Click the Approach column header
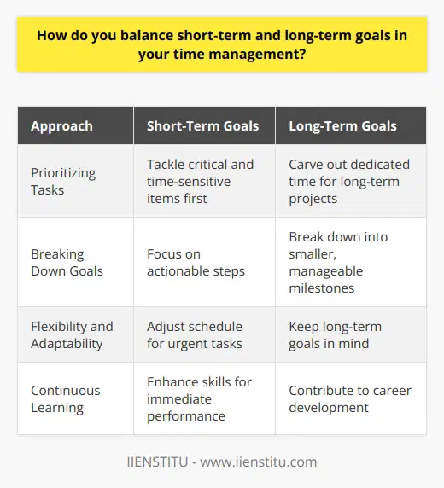click(62, 125)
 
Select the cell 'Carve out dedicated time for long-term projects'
click(346, 180)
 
